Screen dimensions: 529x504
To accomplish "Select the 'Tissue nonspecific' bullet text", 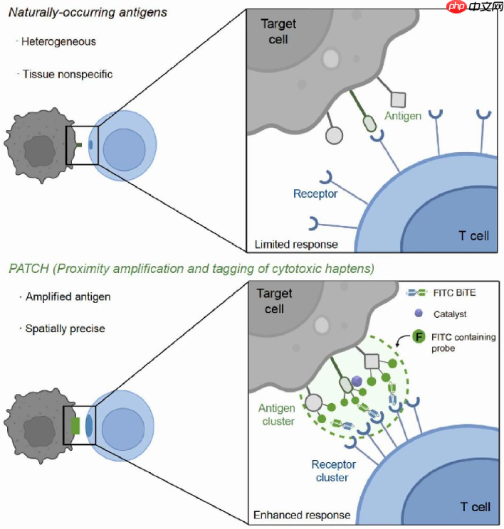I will tap(68, 73).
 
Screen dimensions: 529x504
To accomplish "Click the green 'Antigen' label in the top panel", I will tap(404, 114).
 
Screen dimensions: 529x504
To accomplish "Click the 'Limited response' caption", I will tap(296, 245).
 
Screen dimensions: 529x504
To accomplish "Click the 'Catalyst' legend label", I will tap(445, 314).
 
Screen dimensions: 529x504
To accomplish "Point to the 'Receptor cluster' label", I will tap(334, 471).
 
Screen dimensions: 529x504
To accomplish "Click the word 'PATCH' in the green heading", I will tap(26, 269).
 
